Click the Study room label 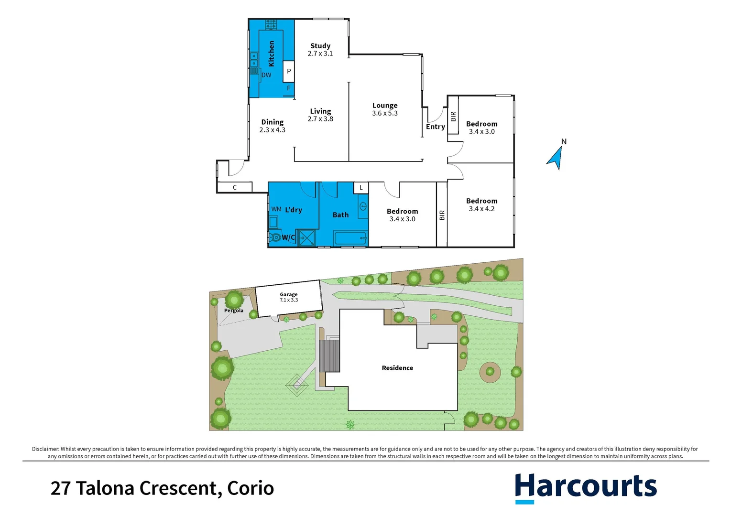click(320, 46)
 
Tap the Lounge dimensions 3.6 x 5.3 click(385, 113)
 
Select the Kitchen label click(272, 54)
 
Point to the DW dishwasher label click(266, 75)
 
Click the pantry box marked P click(289, 71)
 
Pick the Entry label click(436, 127)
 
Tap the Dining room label click(273, 122)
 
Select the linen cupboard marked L click(361, 188)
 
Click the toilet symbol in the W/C click(275, 237)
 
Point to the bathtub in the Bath click(350, 237)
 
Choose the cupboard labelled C click(235, 187)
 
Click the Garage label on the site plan click(289, 295)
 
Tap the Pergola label click(234, 311)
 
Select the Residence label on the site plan click(397, 368)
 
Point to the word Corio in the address click(251, 488)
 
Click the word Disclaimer click(45, 449)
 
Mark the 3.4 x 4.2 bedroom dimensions click(482, 209)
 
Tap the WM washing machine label click(276, 209)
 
